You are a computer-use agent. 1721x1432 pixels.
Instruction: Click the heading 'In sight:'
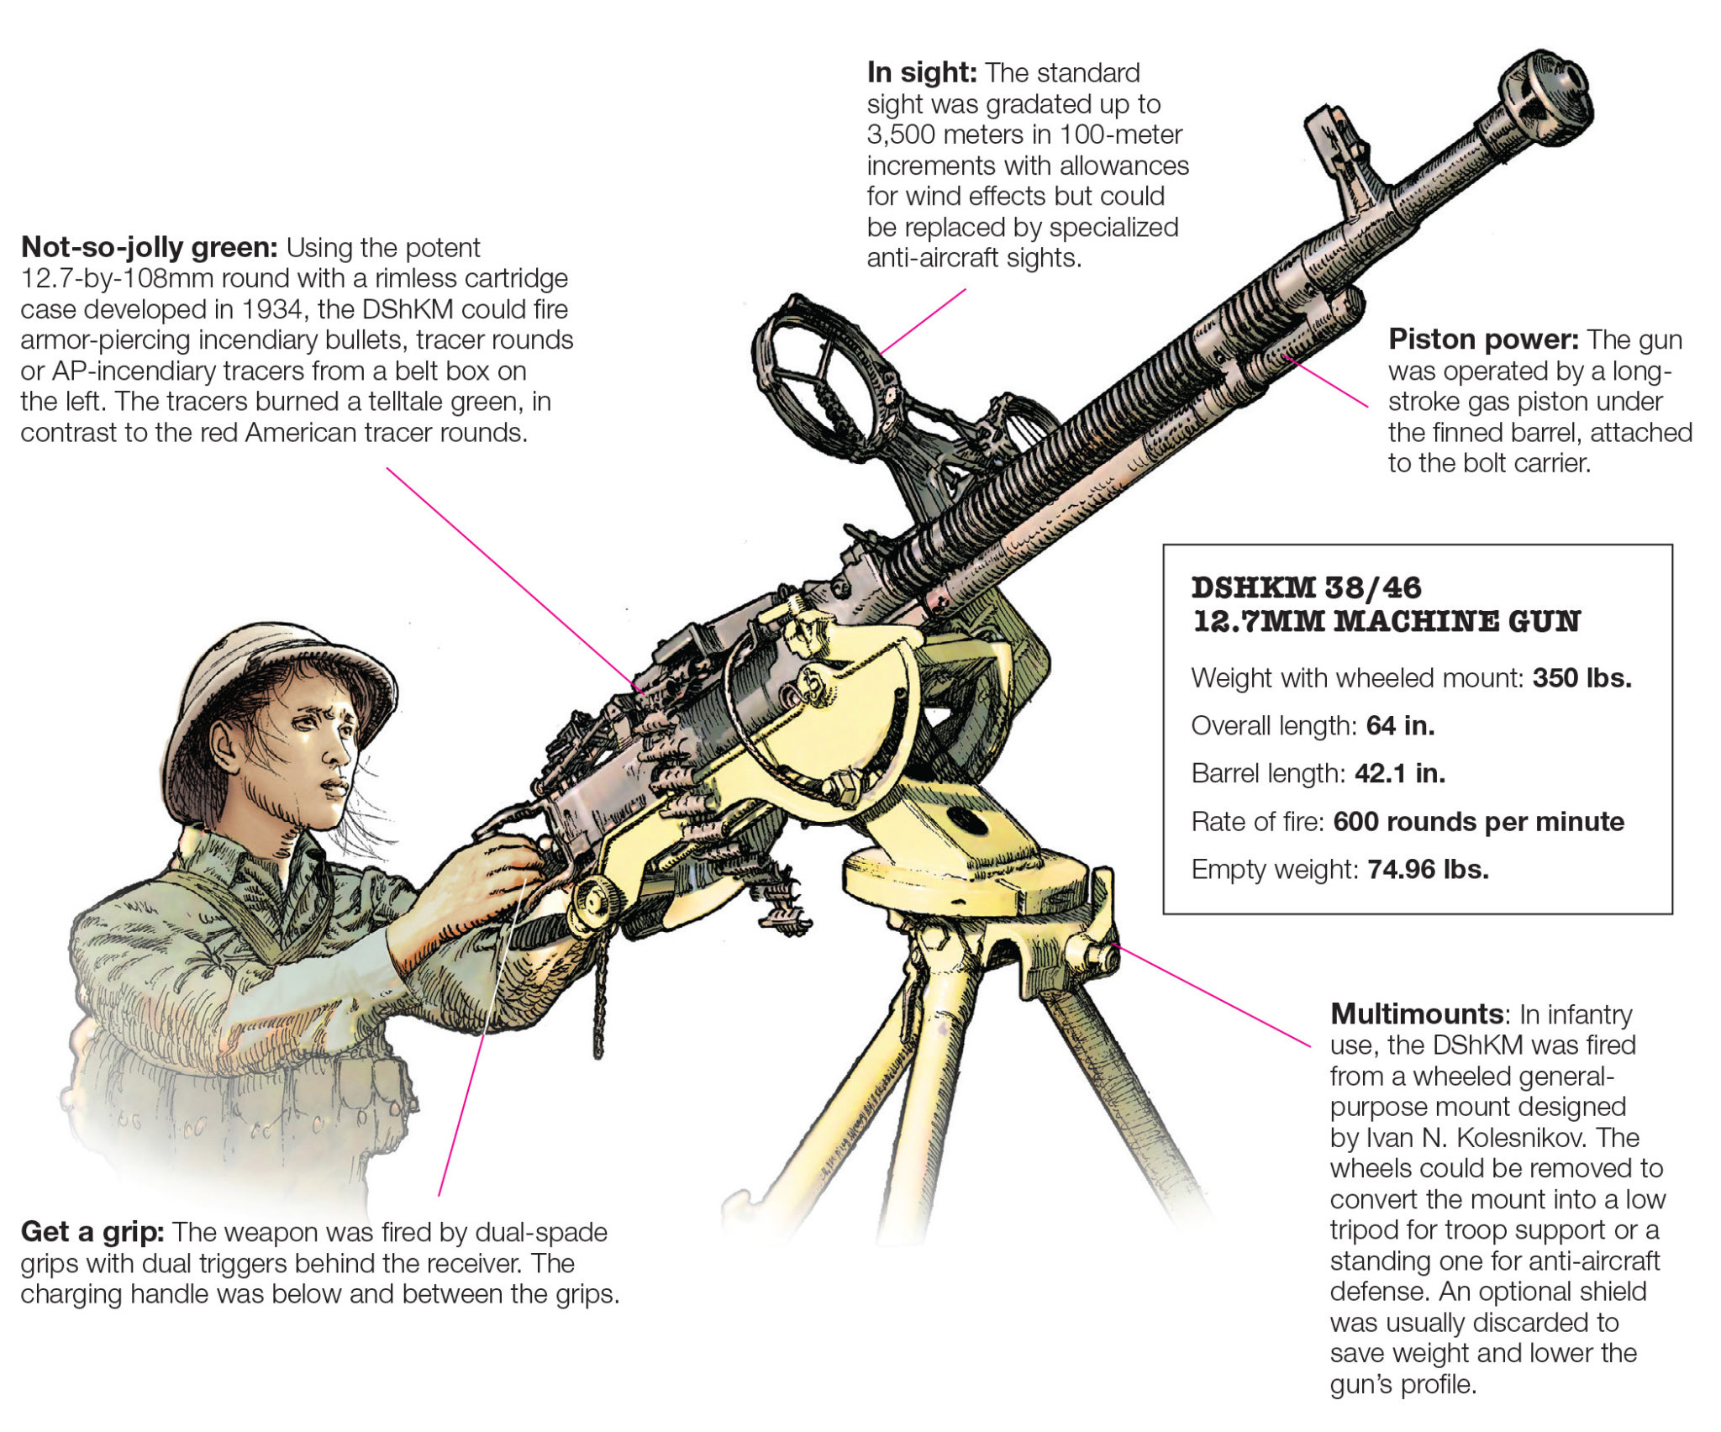coord(921,73)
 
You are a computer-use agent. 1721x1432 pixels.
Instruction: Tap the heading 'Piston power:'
coord(1483,340)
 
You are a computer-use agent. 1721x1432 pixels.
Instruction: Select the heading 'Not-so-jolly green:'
coord(149,248)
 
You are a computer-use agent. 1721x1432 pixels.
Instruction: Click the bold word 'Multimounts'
coord(1416,1013)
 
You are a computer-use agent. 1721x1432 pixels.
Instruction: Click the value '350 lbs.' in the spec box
coord(1582,678)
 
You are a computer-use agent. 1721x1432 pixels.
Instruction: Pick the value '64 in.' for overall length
coord(1400,725)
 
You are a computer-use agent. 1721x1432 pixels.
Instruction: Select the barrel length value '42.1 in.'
coord(1400,773)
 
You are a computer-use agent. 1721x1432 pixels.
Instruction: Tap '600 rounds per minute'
coord(1478,821)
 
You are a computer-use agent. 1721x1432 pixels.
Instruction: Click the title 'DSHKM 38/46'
coord(1306,587)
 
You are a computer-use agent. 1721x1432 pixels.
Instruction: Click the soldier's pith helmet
coord(269,672)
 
